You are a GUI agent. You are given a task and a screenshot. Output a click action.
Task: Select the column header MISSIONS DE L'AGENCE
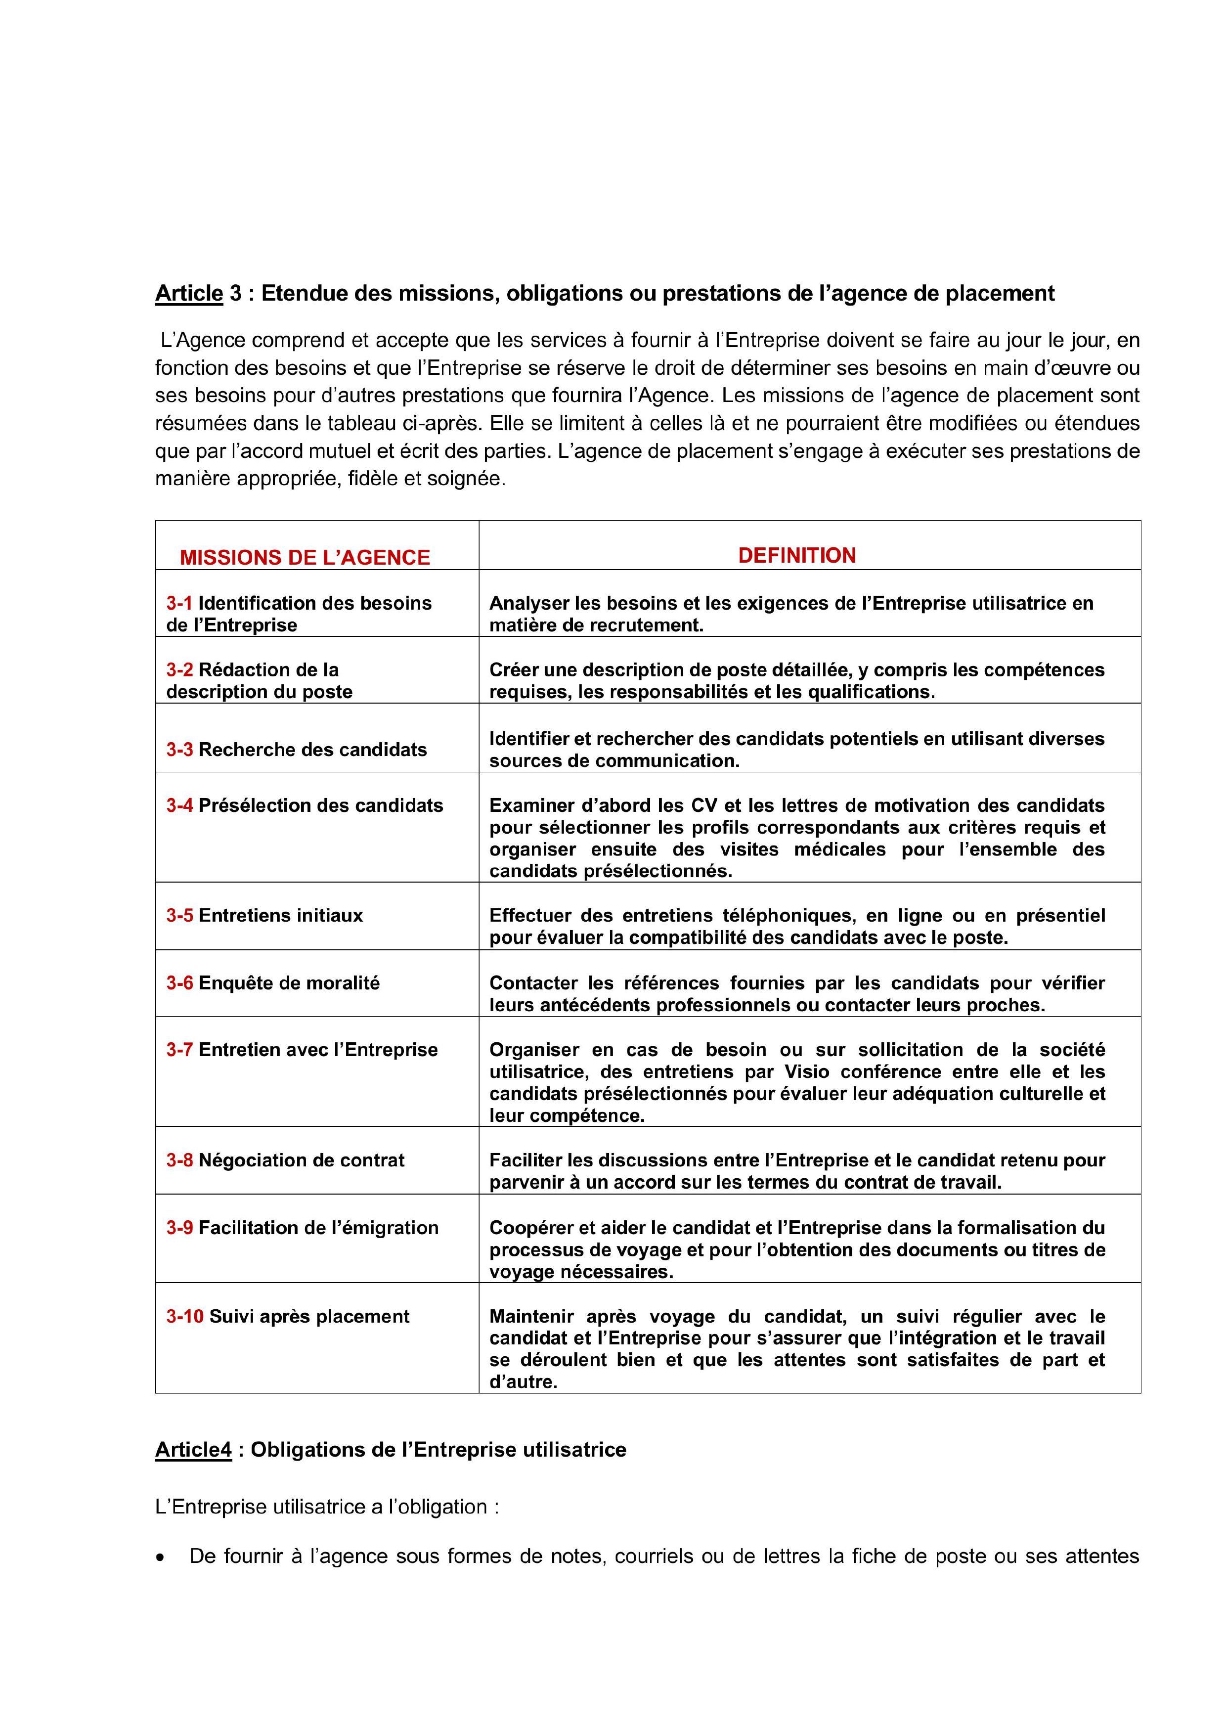305,558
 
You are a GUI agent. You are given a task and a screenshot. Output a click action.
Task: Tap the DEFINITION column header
797,555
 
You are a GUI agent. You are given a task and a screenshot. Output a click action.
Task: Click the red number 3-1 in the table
179,603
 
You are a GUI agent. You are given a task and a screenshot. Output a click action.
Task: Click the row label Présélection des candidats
320,805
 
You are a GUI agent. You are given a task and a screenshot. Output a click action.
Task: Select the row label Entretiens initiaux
280,916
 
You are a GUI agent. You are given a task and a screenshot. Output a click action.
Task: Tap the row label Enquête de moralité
289,983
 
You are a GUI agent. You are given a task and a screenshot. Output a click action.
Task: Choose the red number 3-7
179,1050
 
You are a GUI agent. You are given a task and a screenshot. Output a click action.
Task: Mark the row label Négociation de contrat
302,1160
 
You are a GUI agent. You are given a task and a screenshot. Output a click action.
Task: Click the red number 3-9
179,1228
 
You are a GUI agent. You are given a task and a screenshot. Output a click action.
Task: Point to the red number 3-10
184,1316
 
